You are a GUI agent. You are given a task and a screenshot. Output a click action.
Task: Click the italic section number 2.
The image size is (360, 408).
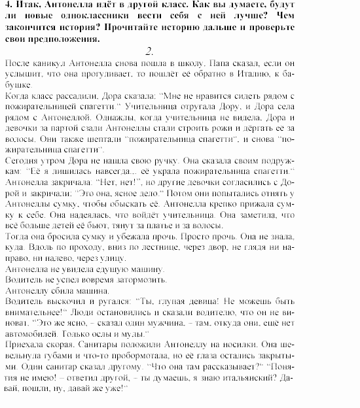click(150, 51)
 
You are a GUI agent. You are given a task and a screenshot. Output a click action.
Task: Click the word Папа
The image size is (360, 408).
click(224, 65)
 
